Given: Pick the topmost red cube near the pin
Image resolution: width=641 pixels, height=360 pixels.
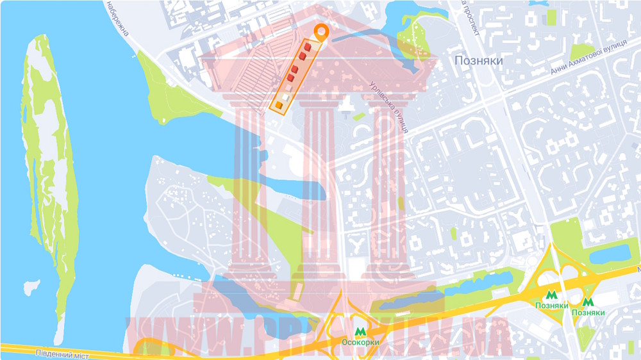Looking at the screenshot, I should [x=308, y=47].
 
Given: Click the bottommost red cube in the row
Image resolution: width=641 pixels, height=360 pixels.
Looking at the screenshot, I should [x=290, y=78].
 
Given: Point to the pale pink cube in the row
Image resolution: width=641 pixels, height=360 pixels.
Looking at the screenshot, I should [x=288, y=87].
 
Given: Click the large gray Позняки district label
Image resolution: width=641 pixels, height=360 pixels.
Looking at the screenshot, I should [x=478, y=60].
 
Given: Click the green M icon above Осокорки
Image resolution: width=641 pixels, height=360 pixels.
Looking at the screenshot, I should [x=360, y=331].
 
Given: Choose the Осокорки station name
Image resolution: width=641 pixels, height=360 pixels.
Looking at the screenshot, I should [x=360, y=342].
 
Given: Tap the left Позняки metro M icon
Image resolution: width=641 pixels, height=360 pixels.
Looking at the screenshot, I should [x=551, y=295].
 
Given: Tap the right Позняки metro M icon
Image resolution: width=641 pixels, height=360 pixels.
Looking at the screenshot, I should [x=588, y=302].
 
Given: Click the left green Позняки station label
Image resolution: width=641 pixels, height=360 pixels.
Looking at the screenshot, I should [x=551, y=306].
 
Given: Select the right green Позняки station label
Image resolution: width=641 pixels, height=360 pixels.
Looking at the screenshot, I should [x=588, y=313].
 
